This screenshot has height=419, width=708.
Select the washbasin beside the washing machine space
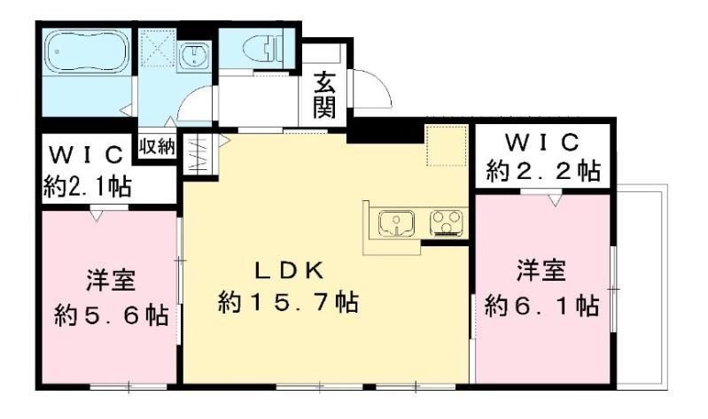(x=192, y=55)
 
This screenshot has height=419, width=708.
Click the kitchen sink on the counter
(x=396, y=223)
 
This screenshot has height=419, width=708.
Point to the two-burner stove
(x=446, y=223)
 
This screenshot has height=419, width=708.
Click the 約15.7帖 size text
(x=288, y=303)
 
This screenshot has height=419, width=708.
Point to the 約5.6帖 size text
(x=111, y=316)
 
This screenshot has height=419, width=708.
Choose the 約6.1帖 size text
(x=541, y=306)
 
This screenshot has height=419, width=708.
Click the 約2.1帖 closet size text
(x=88, y=186)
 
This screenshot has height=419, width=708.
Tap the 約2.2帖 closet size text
(x=543, y=170)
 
